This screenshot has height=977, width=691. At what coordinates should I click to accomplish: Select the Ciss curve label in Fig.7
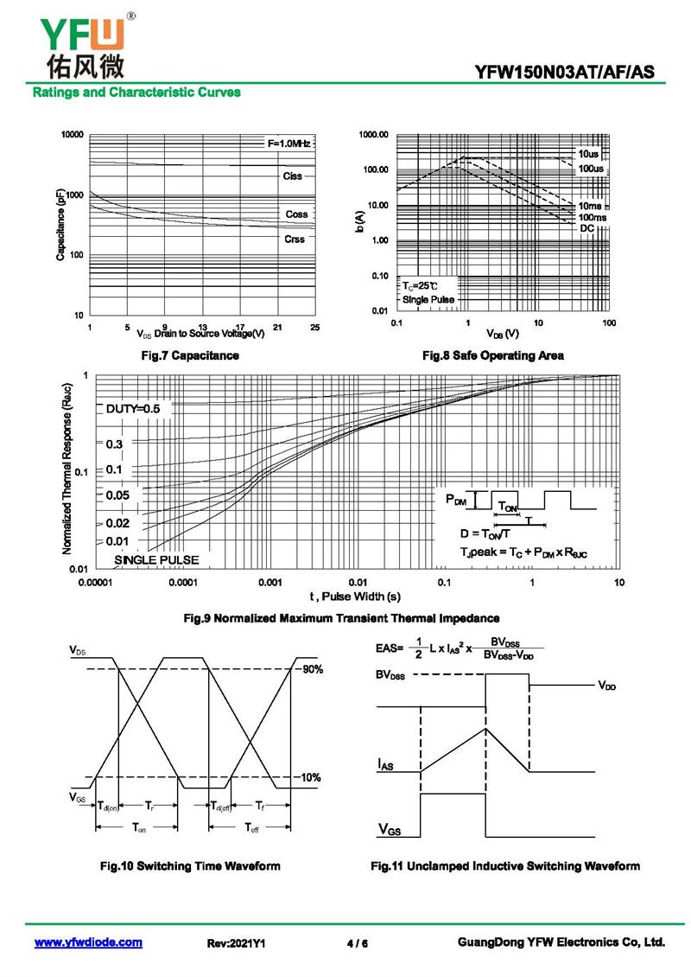click(293, 176)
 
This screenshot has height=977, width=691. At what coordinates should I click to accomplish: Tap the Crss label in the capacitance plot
click(295, 239)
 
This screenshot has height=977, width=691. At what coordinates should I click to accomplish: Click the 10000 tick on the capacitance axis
click(72, 135)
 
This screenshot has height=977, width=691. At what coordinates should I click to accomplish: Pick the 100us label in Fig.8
click(592, 168)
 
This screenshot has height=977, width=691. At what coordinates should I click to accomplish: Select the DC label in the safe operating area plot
click(587, 227)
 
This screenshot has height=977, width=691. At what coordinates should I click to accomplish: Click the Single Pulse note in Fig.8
click(427, 299)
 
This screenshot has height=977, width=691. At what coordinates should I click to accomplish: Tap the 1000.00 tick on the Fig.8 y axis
click(374, 135)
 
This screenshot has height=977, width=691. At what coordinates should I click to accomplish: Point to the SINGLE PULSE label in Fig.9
click(156, 560)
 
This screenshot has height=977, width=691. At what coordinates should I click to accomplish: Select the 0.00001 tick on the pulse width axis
click(96, 584)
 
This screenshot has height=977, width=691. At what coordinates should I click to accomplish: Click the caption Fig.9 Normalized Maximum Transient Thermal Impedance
click(343, 618)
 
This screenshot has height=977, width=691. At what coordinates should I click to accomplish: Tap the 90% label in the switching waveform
click(312, 670)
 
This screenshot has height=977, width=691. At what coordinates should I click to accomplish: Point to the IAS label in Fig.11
click(387, 763)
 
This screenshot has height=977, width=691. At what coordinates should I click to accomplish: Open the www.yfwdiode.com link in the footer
click(88, 942)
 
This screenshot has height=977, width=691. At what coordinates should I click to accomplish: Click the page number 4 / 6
click(357, 943)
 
